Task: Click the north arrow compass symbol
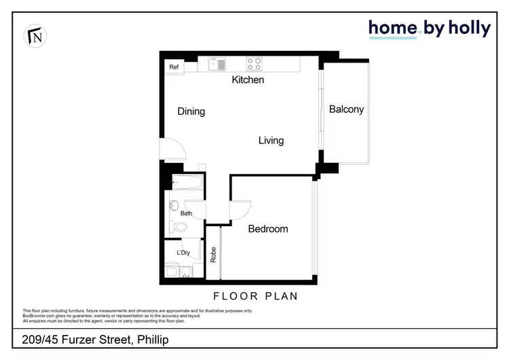(x=32, y=36)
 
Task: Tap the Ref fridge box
(x=174, y=67)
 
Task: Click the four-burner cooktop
(x=254, y=64)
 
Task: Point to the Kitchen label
(x=248, y=80)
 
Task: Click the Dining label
(x=191, y=111)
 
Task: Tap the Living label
(x=271, y=141)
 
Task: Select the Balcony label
(x=346, y=109)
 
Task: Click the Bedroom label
(x=267, y=229)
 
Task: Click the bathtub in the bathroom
(x=185, y=182)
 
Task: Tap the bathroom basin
(x=173, y=206)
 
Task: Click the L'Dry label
(x=183, y=253)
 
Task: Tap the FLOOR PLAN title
(x=256, y=296)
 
